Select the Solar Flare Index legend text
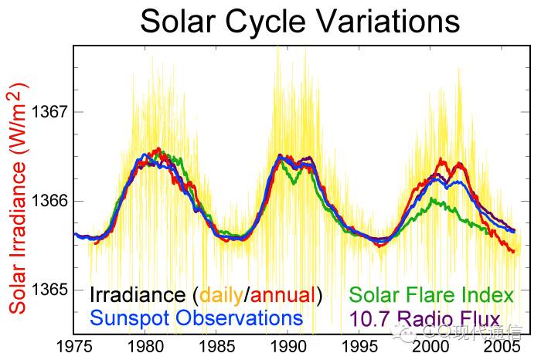pos(431,295)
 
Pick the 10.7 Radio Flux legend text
pos(425,318)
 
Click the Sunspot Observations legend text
pos(196,318)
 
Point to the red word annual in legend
pos(282,295)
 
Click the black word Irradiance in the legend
pos(137,295)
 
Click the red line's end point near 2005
pos(513,251)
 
